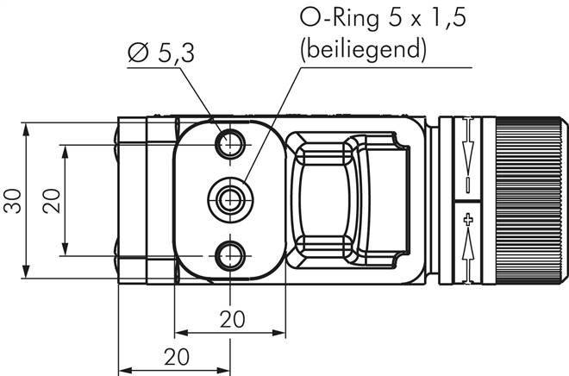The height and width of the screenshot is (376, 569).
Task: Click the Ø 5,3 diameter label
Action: [x=161, y=53]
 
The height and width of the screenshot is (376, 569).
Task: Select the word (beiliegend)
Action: [x=363, y=49]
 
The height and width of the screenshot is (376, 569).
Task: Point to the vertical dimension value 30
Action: [x=13, y=201]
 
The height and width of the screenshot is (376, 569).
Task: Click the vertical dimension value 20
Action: [x=51, y=201]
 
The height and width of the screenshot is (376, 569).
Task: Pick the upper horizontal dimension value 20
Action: [x=233, y=319]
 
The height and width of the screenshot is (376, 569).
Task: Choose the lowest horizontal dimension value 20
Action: [x=177, y=357]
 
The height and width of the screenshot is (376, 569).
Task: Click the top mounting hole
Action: [x=229, y=144]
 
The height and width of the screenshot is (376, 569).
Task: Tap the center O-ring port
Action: [x=230, y=199]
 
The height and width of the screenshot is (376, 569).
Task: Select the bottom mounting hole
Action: [x=229, y=255]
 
